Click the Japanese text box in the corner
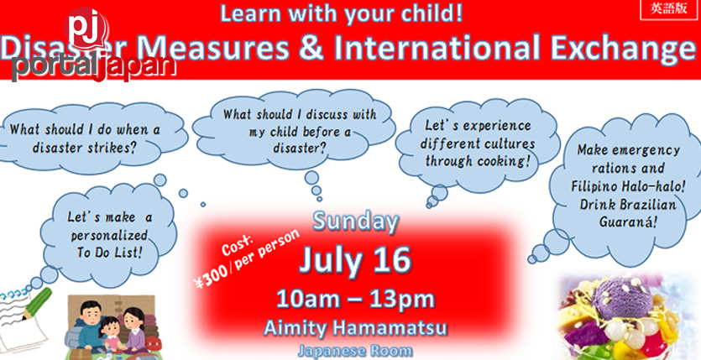[x=668, y=10]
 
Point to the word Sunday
[x=355, y=222]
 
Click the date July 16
[x=354, y=260]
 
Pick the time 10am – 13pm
[x=355, y=299]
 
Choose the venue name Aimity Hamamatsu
[x=355, y=328]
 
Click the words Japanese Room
[x=355, y=351]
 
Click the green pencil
[x=37, y=304]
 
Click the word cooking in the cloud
[x=503, y=161]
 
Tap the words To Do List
[x=109, y=253]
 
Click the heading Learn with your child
[x=342, y=13]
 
